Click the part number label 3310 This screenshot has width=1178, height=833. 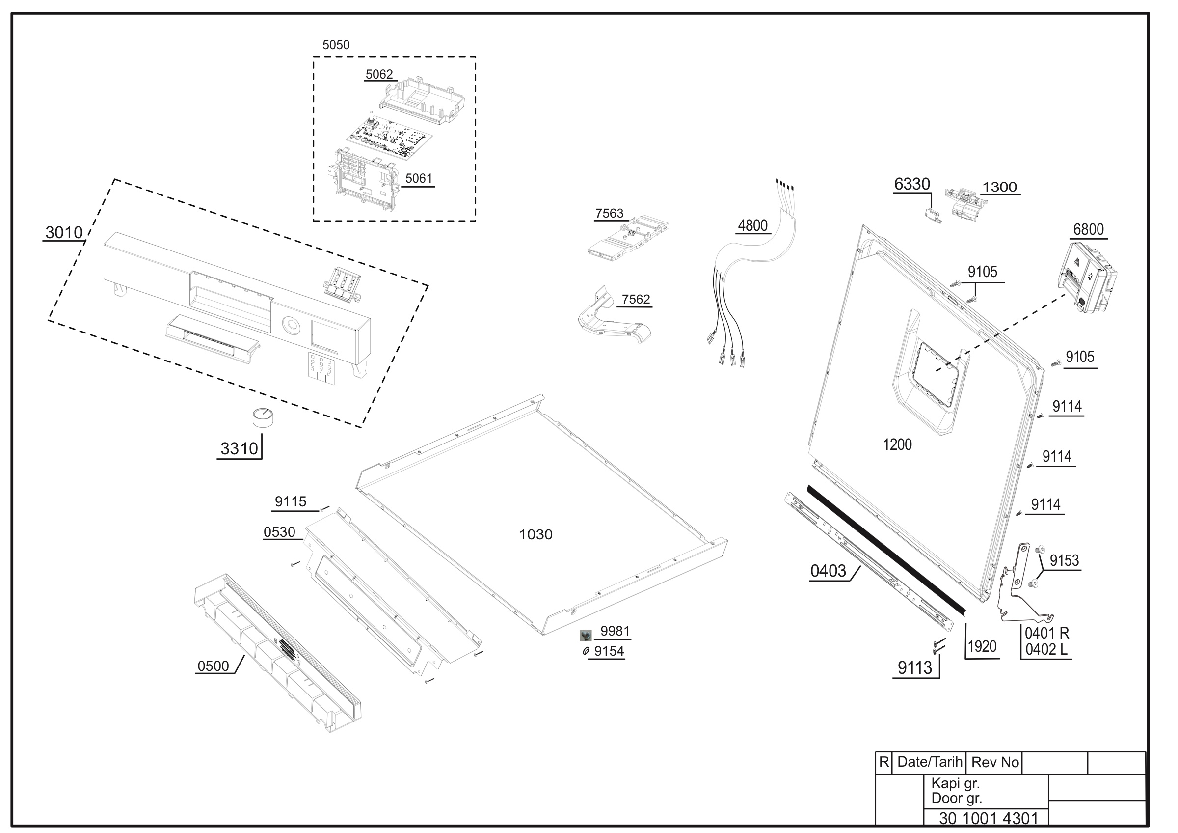(239, 448)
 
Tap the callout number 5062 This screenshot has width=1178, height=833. (379, 75)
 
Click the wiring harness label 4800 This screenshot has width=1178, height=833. (752, 225)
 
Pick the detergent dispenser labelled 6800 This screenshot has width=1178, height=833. (1088, 277)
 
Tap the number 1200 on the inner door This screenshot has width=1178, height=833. (897, 444)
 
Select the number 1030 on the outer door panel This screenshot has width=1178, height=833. (535, 535)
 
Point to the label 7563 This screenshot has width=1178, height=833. (609, 213)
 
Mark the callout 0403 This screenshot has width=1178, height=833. (828, 571)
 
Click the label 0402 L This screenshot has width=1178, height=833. (1046, 650)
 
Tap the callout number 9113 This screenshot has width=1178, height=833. (915, 668)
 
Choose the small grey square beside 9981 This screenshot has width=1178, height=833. (586, 636)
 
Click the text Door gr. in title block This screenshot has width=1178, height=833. (957, 798)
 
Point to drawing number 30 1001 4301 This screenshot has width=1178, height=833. (989, 818)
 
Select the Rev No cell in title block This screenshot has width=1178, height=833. (995, 762)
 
